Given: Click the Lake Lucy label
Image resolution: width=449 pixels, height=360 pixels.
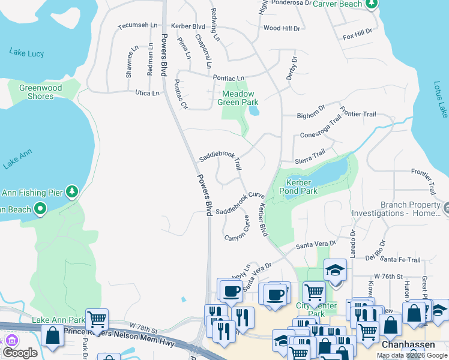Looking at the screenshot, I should pos(26,53).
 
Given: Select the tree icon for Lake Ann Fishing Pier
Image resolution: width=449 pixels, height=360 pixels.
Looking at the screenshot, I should pos(72,192).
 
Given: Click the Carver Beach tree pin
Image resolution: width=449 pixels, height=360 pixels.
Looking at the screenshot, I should pos(372,4).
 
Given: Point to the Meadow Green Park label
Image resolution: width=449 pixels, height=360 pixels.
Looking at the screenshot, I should pos(238,98).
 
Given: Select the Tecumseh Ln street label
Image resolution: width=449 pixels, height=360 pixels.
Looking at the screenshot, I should pos(137,26).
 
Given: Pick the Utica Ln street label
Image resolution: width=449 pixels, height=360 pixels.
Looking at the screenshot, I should pos(147,94).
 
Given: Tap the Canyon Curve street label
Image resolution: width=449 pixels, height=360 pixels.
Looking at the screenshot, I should pos(237,230).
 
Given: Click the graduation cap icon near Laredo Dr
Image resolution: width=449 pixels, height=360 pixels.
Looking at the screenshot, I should pos(335,269).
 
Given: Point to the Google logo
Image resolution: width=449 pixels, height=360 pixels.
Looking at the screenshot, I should pos(20,353).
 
